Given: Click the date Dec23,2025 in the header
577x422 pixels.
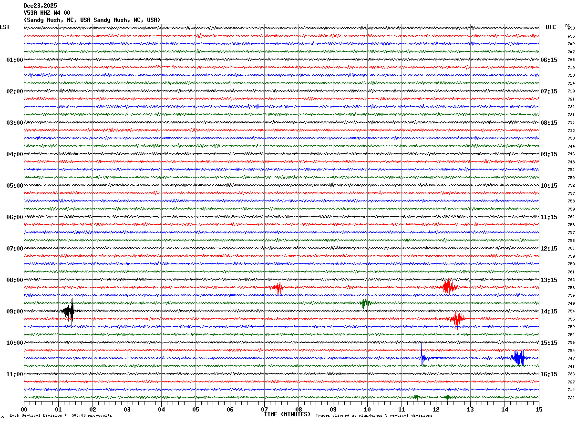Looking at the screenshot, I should click(x=40, y=6).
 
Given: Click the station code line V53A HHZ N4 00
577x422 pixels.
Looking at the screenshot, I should click(x=47, y=13).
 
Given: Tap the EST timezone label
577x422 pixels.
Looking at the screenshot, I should click(x=5, y=27).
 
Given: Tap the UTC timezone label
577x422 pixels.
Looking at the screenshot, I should click(x=551, y=27).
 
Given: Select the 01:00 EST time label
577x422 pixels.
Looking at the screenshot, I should click(x=14, y=60).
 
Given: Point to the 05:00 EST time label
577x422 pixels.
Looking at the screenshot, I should click(x=14, y=186).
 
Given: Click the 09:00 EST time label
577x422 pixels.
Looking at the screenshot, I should click(x=14, y=311).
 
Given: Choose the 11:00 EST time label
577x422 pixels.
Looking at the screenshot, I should click(x=14, y=374).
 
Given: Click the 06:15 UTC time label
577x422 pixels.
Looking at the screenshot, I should click(x=549, y=60).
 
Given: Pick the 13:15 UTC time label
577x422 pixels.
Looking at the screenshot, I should click(x=549, y=280).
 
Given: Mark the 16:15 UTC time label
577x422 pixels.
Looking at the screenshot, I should click(x=549, y=374).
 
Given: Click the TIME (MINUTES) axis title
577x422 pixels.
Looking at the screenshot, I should click(x=287, y=414).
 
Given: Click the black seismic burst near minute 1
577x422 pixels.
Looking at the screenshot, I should click(x=69, y=311).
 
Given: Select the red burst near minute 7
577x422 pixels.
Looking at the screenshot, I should click(x=278, y=288).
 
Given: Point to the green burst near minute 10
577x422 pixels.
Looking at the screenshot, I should click(x=366, y=303).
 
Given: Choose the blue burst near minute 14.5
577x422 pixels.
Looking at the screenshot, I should click(x=519, y=358).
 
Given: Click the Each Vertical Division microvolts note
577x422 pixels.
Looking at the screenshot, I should click(x=61, y=416).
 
